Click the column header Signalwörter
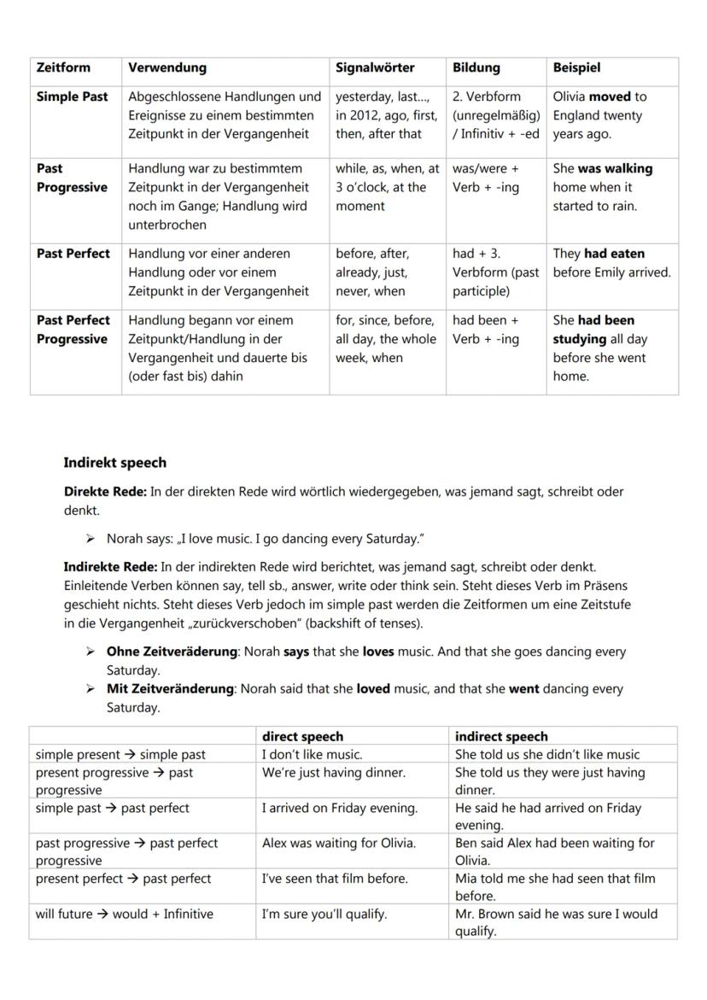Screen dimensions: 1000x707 pos(375,67)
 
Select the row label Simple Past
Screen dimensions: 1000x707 pos(72,96)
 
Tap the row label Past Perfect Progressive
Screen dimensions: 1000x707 pos(73,330)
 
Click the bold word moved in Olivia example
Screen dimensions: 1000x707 pos(610,96)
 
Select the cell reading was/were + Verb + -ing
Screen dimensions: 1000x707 pos(486,178)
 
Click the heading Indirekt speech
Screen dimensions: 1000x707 pos(114,463)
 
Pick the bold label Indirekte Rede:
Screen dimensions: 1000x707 pos(110,567)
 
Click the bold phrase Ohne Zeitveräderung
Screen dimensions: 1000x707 pos(172,652)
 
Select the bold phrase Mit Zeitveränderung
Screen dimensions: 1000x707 pos(170,689)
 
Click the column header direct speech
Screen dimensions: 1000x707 pos(302,736)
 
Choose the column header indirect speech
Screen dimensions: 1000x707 pos(501,736)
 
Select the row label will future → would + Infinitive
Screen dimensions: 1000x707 pos(124,914)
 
